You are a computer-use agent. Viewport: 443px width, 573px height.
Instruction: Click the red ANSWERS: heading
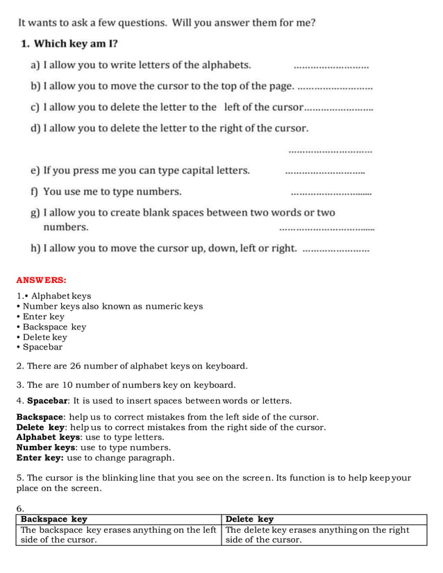(41, 280)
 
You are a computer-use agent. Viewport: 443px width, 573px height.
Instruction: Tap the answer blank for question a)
(331, 67)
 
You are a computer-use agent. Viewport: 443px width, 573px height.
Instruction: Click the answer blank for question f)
(331, 194)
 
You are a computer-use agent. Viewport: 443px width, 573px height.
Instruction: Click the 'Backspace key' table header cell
(54, 519)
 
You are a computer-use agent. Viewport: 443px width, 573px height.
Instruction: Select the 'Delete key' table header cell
(249, 519)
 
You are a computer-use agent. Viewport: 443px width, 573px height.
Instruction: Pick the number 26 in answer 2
(76, 366)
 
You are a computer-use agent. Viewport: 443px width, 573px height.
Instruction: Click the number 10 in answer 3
(68, 385)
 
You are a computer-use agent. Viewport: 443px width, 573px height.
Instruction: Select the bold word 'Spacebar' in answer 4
(47, 400)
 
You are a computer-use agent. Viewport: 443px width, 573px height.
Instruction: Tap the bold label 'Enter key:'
(40, 458)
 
